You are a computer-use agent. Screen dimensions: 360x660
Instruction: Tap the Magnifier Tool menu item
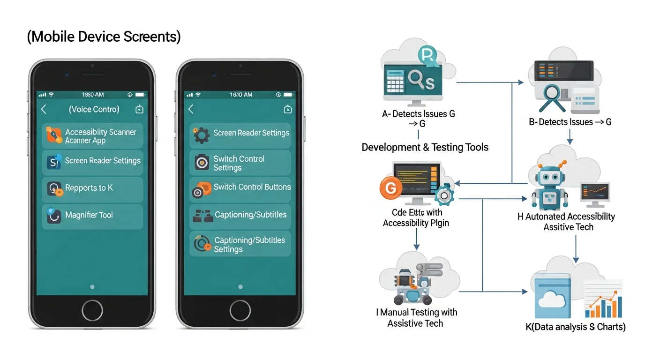pyautogui.click(x=92, y=216)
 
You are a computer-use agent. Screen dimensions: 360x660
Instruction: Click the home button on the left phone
pyautogui.click(x=92, y=310)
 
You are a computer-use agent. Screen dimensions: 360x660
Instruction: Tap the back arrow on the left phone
pyautogui.click(x=44, y=109)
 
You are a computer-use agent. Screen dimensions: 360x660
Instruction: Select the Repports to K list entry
pyautogui.click(x=92, y=188)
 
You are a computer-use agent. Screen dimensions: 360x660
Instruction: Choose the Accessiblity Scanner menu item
pyautogui.click(x=92, y=136)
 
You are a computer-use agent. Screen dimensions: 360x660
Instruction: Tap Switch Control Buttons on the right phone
pyautogui.click(x=240, y=187)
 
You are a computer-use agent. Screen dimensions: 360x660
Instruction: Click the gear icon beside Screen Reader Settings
pyautogui.click(x=202, y=135)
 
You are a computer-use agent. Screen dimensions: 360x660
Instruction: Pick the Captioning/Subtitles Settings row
pyautogui.click(x=240, y=244)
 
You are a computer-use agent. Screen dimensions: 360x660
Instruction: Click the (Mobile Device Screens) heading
pyautogui.click(x=104, y=37)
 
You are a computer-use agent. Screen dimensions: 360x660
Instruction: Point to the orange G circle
pyautogui.click(x=390, y=188)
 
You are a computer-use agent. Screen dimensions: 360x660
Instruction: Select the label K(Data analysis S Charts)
pyautogui.click(x=576, y=327)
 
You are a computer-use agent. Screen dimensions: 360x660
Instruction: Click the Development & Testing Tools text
pyautogui.click(x=425, y=148)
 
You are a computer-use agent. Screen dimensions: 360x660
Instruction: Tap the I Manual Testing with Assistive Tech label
pyautogui.click(x=416, y=317)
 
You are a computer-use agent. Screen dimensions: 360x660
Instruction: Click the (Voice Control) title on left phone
pyautogui.click(x=94, y=109)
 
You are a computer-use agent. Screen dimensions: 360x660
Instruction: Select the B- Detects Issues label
pyautogui.click(x=570, y=122)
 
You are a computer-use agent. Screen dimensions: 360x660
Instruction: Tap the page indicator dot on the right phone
pyautogui.click(x=240, y=287)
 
